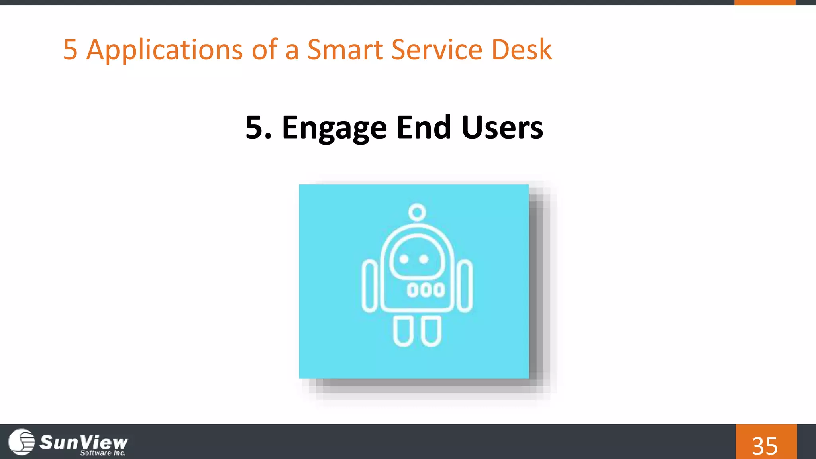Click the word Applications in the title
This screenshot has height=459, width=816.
165,50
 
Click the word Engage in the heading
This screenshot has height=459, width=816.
334,128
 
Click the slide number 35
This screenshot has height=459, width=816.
765,445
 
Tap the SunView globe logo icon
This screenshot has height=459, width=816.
22,441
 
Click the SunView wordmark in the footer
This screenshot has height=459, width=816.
84,441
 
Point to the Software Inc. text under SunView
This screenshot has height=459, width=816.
103,453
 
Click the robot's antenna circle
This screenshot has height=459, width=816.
417,212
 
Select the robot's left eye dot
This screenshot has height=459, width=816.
404,259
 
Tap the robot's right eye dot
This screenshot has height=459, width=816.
424,259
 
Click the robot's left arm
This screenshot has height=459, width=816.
370,286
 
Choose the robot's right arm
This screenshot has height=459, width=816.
465,286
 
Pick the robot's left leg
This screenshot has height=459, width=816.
403,331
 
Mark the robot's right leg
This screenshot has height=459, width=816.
431,331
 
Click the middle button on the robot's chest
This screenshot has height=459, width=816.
426,290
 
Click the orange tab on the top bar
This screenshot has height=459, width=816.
765,2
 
